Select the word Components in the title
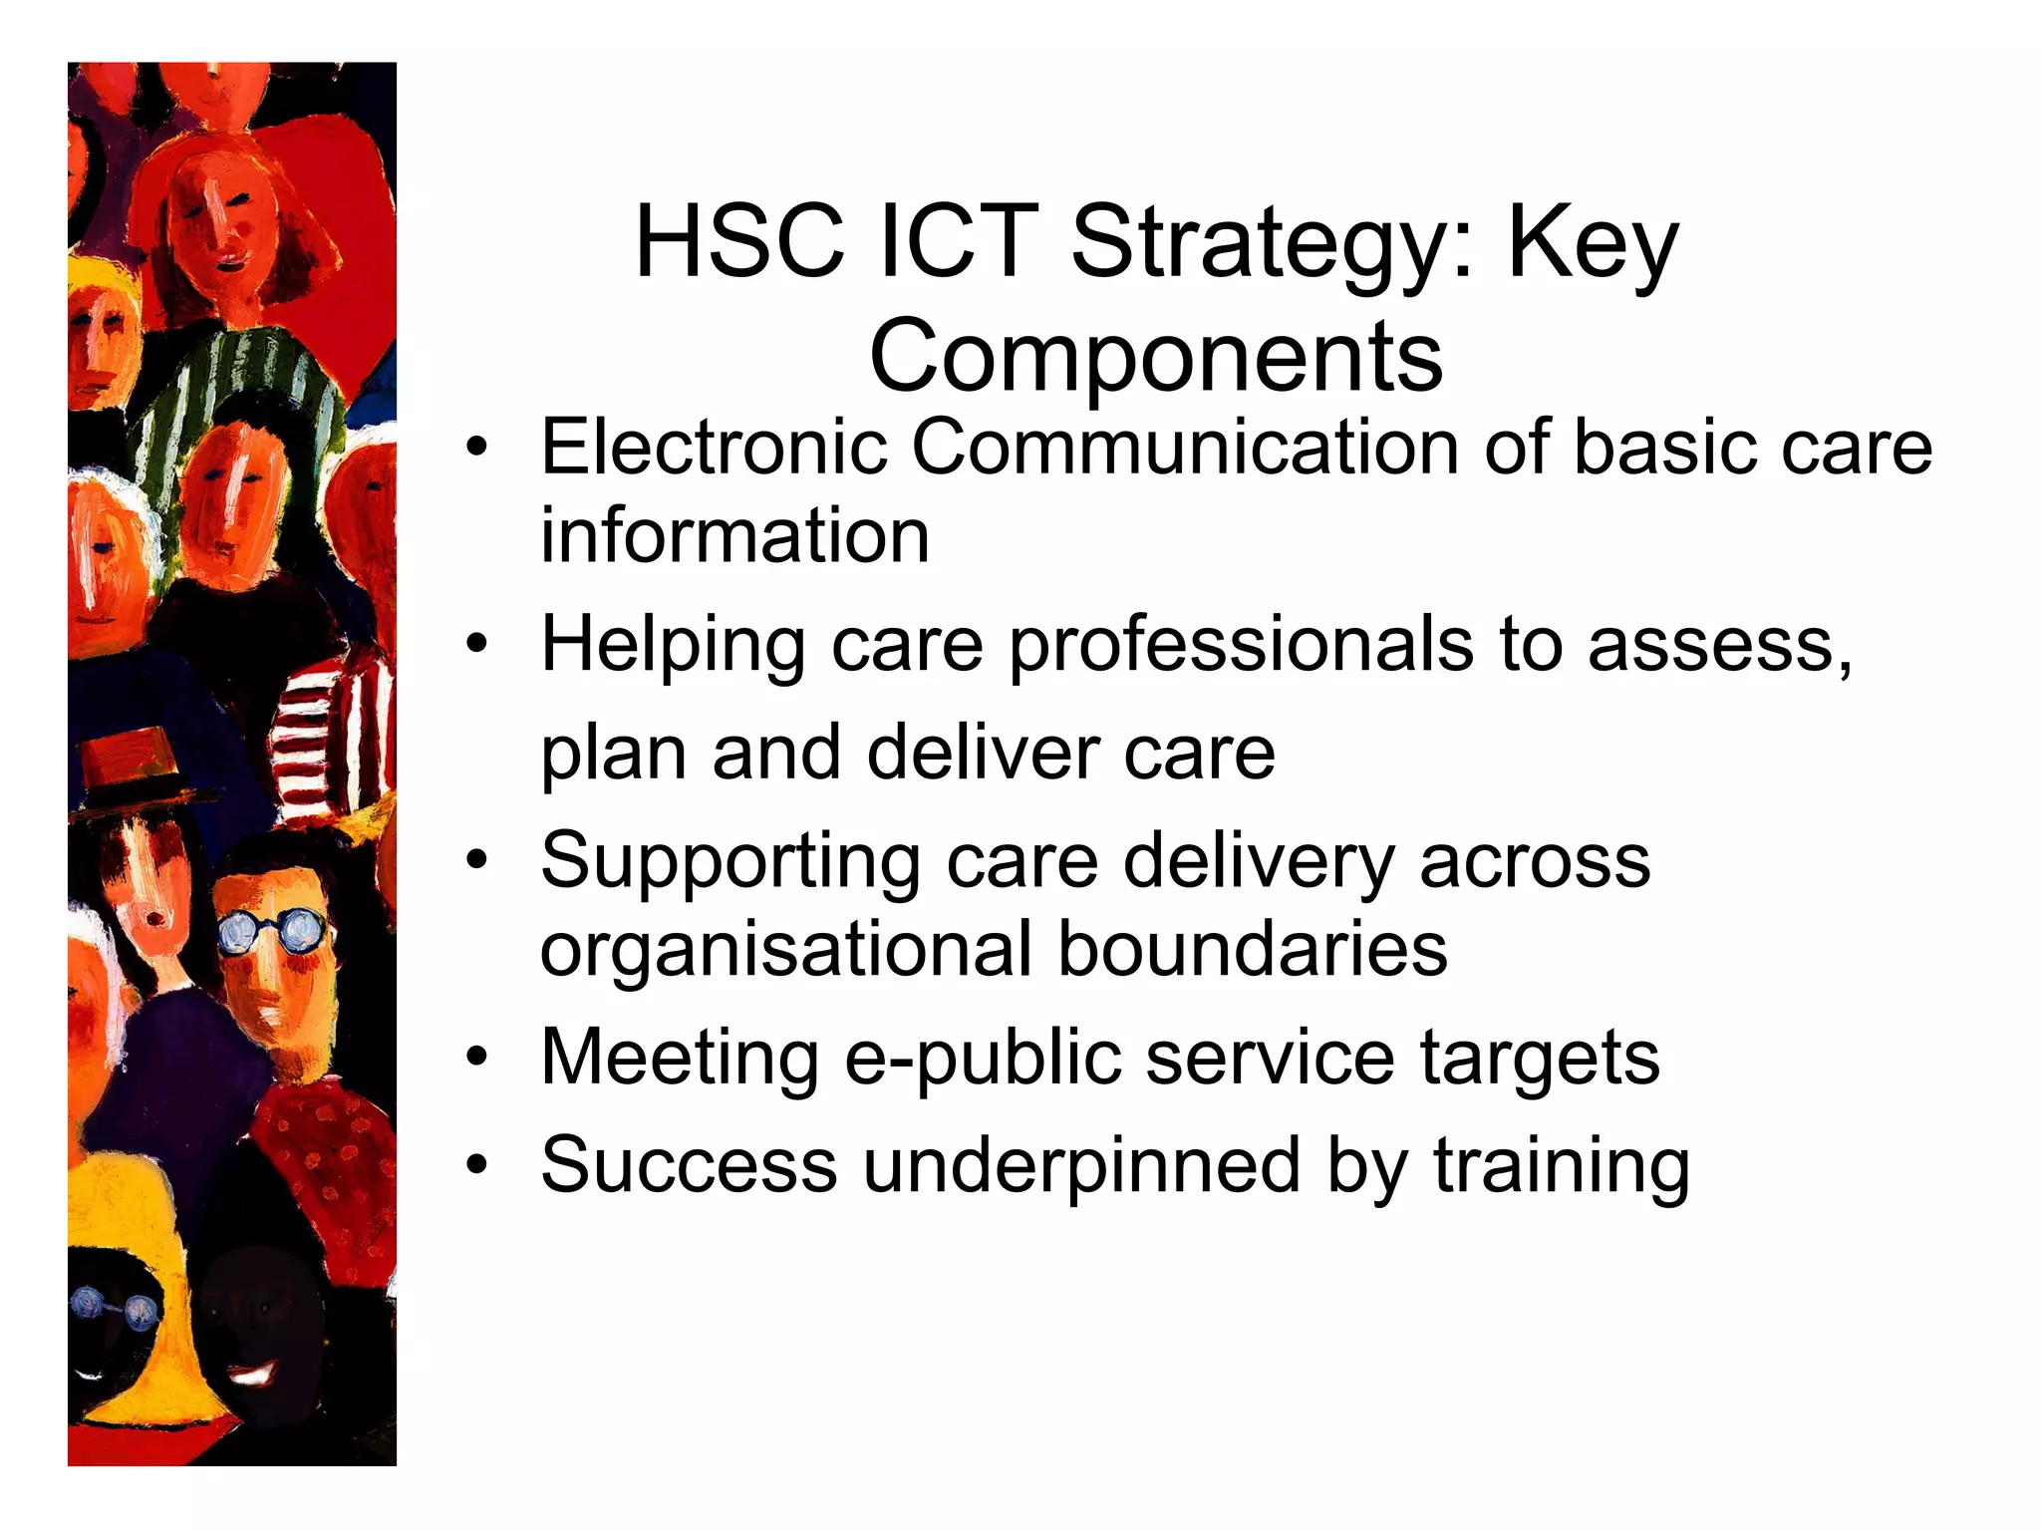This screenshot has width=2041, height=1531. pos(1156,357)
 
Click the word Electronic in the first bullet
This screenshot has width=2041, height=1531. pos(714,448)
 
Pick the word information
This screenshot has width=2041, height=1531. pos(734,536)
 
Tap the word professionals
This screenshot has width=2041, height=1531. pos(1241,646)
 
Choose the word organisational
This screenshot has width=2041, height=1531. pos(785,949)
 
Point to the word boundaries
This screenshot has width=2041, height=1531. pos(1252,949)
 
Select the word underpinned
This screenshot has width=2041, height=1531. pos(1081,1165)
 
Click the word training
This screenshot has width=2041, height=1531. pos(1562,1165)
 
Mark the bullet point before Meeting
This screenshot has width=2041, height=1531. pos(478,1057)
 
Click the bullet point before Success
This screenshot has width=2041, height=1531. pos(478,1163)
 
